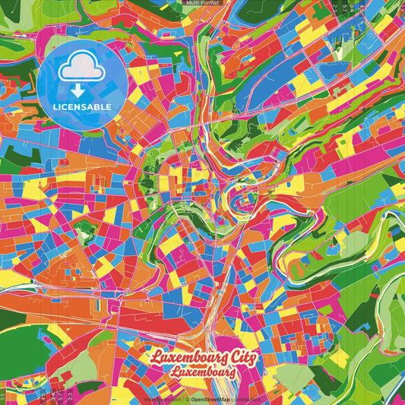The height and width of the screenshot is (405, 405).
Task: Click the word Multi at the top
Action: [191, 3]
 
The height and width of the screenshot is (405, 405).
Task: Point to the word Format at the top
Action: [209, 3]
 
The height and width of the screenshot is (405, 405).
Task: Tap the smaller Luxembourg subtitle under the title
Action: [202, 372]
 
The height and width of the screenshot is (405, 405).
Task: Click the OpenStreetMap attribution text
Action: [210, 398]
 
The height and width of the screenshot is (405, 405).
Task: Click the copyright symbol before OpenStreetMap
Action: [187, 398]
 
